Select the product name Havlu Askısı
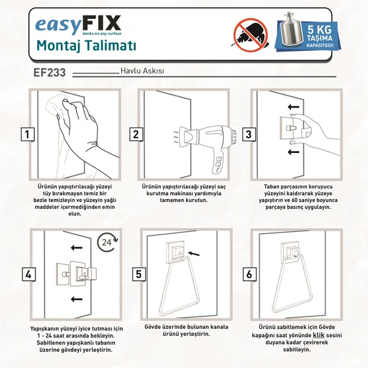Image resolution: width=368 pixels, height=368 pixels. (142, 71)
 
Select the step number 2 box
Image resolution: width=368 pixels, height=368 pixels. (136, 134)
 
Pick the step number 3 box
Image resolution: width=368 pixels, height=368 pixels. (249, 134)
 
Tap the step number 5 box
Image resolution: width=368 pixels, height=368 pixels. (138, 274)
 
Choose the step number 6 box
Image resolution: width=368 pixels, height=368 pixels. (249, 274)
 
